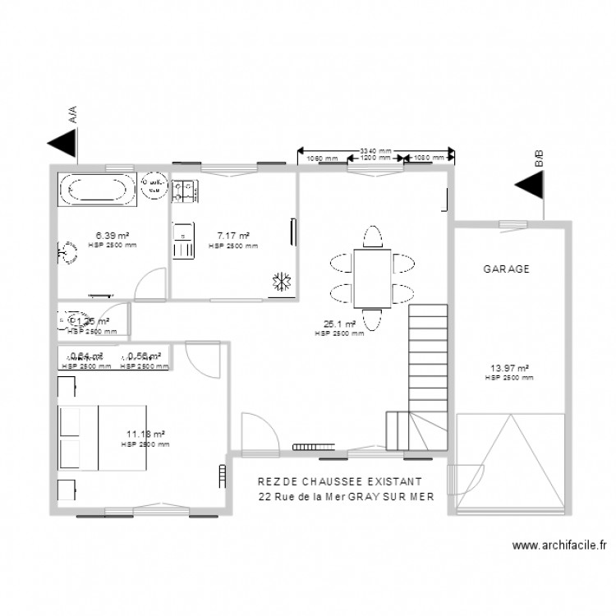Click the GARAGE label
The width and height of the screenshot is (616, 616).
pyautogui.click(x=506, y=269)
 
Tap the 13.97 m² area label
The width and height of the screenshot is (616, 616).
pyautogui.click(x=509, y=369)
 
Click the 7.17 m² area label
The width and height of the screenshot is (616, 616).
pyautogui.click(x=233, y=236)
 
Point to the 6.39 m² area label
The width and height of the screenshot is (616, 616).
pyautogui.click(x=113, y=236)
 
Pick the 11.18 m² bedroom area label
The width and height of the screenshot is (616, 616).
pyautogui.click(x=145, y=434)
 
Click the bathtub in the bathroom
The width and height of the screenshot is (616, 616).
pyautogui.click(x=97, y=190)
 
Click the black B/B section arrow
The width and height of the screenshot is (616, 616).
pyautogui.click(x=531, y=187)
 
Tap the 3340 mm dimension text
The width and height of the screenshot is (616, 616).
pyautogui.click(x=375, y=150)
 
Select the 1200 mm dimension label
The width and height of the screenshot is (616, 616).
pyautogui.click(x=375, y=158)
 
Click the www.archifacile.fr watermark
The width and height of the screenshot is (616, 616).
pyautogui.click(x=558, y=545)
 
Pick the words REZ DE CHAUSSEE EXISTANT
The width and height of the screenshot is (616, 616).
pyautogui.click(x=339, y=481)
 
